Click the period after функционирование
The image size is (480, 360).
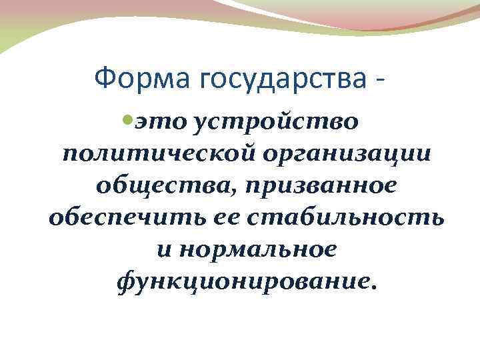click(x=373, y=286)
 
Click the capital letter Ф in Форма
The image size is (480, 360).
click(x=103, y=80)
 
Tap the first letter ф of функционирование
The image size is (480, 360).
click(x=123, y=281)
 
